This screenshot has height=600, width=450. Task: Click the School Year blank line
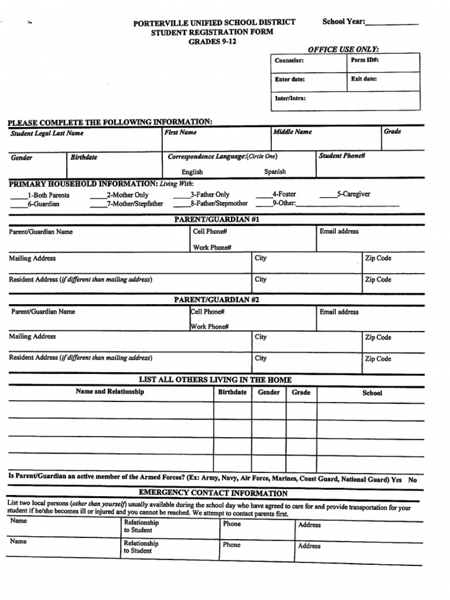(x=392, y=23)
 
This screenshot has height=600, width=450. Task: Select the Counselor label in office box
(x=289, y=61)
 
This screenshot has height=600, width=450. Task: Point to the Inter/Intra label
(x=291, y=98)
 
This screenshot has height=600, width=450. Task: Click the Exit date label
(x=364, y=79)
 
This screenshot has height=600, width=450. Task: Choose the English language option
(x=192, y=172)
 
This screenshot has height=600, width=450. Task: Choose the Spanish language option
(x=275, y=172)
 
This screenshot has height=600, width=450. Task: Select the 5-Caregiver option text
(x=353, y=194)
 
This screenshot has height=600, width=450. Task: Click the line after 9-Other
(x=347, y=205)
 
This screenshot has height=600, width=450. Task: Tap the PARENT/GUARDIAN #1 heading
(x=217, y=220)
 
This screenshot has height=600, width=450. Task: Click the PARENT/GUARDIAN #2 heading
(x=217, y=300)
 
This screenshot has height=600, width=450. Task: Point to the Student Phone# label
(x=342, y=156)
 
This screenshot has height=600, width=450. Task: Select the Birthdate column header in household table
(x=232, y=392)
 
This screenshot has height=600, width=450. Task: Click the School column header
(x=372, y=393)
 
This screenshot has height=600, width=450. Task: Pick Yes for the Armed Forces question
(x=396, y=479)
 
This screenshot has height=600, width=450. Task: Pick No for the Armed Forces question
(x=412, y=480)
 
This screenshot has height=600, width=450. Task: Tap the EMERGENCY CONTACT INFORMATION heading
(x=213, y=493)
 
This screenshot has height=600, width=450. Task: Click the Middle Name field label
(x=292, y=132)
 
